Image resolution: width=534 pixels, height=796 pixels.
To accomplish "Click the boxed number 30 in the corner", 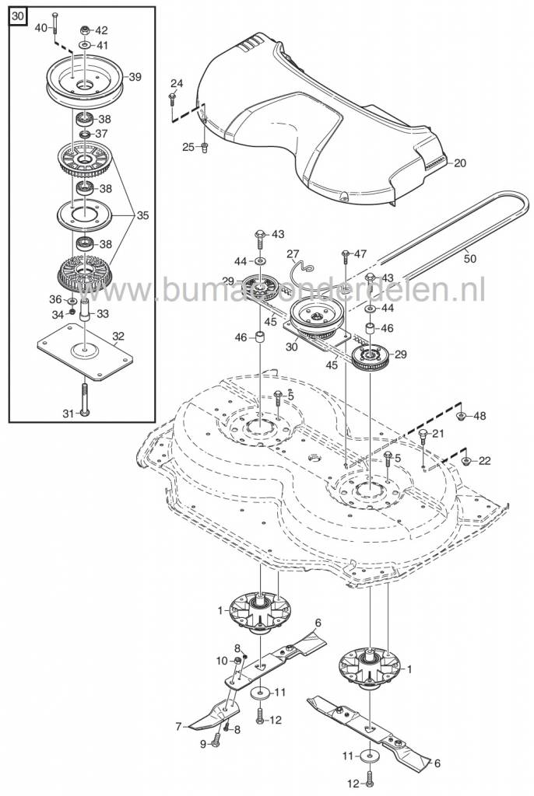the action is coord(17,16).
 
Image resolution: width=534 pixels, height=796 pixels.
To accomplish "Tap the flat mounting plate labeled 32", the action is coord(85,351).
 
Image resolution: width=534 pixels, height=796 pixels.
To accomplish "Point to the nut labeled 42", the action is coord(84,30).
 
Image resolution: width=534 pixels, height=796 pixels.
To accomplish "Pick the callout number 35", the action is coord(143,215).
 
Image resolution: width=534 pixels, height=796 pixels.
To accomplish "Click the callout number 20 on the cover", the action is coord(460,163).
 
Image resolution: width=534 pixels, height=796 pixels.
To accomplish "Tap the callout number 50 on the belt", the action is coord(470,258).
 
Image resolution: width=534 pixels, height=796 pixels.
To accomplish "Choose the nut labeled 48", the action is coord(461,417).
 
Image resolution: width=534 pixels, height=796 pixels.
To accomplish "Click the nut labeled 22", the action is coord(465,460).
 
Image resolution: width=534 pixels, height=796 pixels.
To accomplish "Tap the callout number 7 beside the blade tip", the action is coord(178,727).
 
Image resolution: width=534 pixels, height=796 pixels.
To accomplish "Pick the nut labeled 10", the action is coord(237,661).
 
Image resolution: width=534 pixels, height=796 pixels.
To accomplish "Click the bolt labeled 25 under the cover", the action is coord(205,147).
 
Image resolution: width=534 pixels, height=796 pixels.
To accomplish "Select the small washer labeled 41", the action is coord(84,46).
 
